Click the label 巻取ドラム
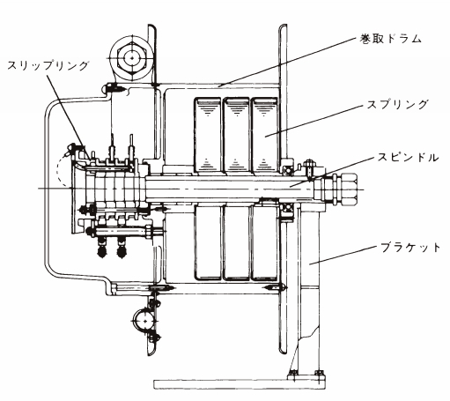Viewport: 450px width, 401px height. [x=391, y=39]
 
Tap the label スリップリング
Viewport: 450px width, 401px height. [x=48, y=65]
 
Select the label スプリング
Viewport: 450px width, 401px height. [x=398, y=104]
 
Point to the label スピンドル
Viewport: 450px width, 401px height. [x=408, y=158]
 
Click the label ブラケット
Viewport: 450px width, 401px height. [x=410, y=248]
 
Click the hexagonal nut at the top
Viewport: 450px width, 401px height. [x=132, y=58]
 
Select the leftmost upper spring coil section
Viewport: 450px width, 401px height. [x=207, y=135]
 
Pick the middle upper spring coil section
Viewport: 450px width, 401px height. [x=236, y=135]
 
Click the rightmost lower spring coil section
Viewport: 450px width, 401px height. [x=265, y=241]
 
